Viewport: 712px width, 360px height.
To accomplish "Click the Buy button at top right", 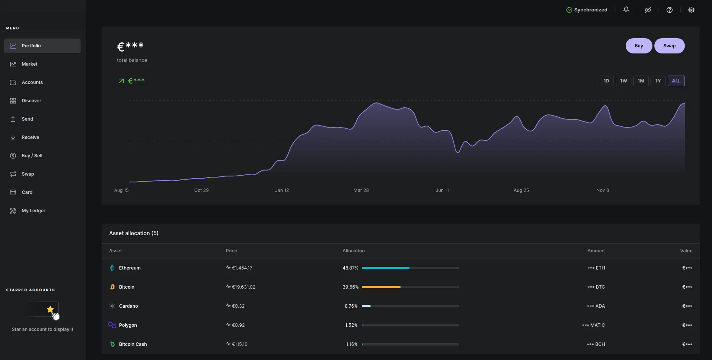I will click(x=639, y=46).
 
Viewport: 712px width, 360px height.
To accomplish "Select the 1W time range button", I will click(x=623, y=81).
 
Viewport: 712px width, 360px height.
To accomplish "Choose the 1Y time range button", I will click(x=658, y=81).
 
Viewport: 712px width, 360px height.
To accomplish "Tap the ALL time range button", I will click(x=676, y=81).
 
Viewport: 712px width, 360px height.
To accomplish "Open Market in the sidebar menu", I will click(x=29, y=64).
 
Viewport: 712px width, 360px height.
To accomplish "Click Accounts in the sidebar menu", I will click(x=32, y=82).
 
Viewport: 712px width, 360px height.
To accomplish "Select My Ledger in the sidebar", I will click(x=33, y=211).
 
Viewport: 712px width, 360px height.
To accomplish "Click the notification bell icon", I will click(x=626, y=10).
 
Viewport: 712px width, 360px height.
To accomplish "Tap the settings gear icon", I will click(x=691, y=10).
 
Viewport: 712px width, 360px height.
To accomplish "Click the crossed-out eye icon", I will click(x=648, y=10).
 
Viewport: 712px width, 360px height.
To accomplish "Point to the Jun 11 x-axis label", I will click(x=442, y=190).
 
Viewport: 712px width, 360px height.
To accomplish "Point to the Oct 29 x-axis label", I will click(x=201, y=190).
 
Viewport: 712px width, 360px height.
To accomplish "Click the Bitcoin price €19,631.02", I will click(x=244, y=287).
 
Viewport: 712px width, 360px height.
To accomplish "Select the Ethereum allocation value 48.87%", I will click(x=350, y=268).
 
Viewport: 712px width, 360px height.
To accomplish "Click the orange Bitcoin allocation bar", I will click(x=381, y=287).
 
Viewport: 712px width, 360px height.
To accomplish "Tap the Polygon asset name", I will click(x=128, y=325).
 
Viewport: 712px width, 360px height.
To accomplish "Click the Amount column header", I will click(x=596, y=251).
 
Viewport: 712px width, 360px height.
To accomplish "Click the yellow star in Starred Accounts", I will click(x=50, y=309).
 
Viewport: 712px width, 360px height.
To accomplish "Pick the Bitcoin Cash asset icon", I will click(x=112, y=344).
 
